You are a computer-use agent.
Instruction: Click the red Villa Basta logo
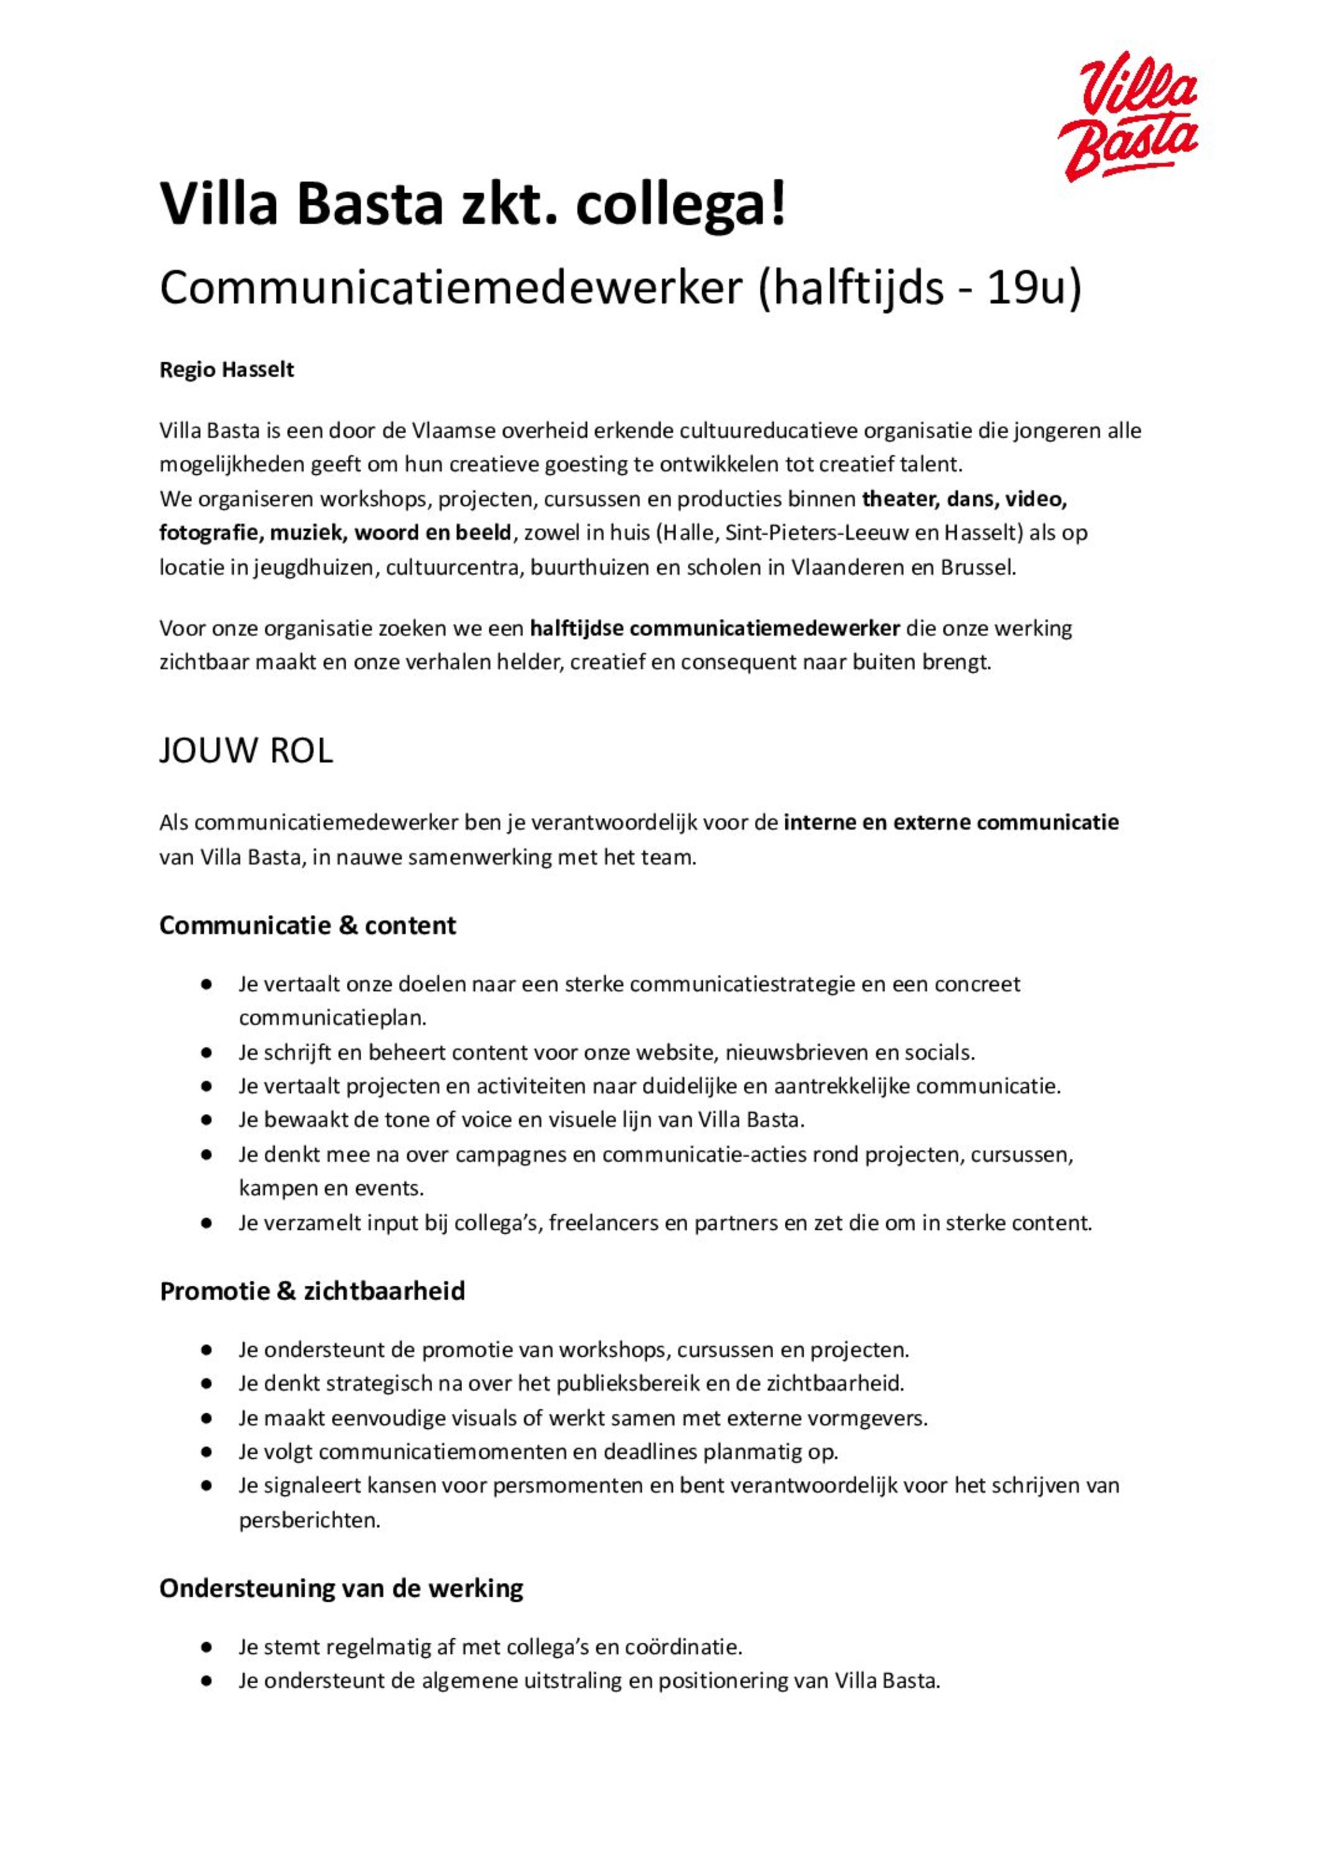(x=1128, y=116)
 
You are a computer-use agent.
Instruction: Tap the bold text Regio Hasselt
(x=227, y=370)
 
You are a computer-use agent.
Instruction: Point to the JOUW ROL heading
(x=246, y=751)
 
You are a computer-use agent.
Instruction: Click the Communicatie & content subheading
(x=307, y=925)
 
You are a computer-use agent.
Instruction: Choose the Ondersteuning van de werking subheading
(x=341, y=1587)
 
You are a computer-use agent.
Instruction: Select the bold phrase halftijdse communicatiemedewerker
(x=715, y=628)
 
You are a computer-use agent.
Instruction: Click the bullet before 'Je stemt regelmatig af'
(x=207, y=1647)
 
